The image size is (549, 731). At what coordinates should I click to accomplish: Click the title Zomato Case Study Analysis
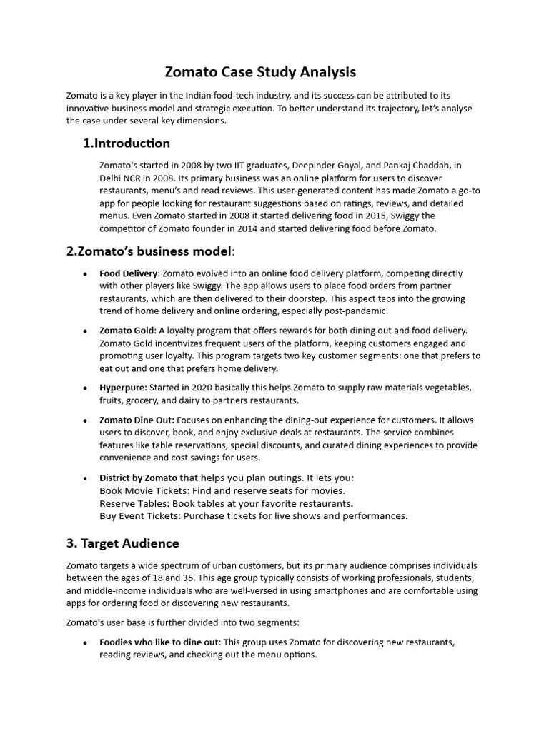coord(260,72)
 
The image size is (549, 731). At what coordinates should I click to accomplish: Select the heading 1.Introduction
coord(127,143)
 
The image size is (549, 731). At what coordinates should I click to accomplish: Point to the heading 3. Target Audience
coord(122,543)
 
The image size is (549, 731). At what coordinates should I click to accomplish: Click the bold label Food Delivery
coord(128,273)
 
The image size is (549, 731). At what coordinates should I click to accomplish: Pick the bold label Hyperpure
coord(123,388)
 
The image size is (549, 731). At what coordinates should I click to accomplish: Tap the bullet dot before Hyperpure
coord(86,388)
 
